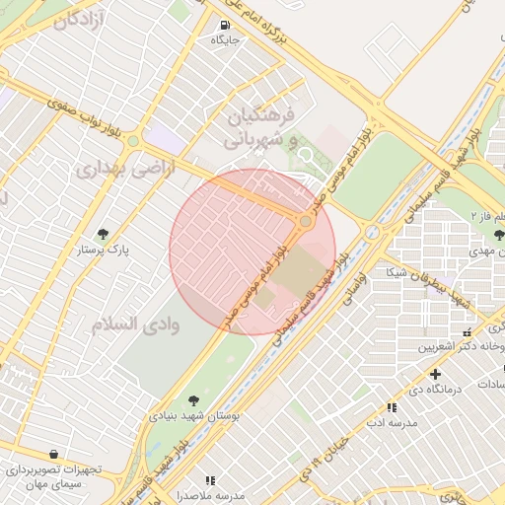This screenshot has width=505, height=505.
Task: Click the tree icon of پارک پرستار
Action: (103, 234)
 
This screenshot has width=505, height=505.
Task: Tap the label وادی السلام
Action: (135, 324)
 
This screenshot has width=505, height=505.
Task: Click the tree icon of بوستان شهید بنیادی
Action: (192, 398)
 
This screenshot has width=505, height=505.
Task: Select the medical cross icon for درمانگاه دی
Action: (435, 375)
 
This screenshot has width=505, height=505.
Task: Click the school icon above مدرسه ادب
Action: (392, 406)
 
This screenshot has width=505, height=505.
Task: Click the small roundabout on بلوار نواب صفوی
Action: (133, 142)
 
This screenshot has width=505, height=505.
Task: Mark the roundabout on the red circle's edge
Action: (306, 222)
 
